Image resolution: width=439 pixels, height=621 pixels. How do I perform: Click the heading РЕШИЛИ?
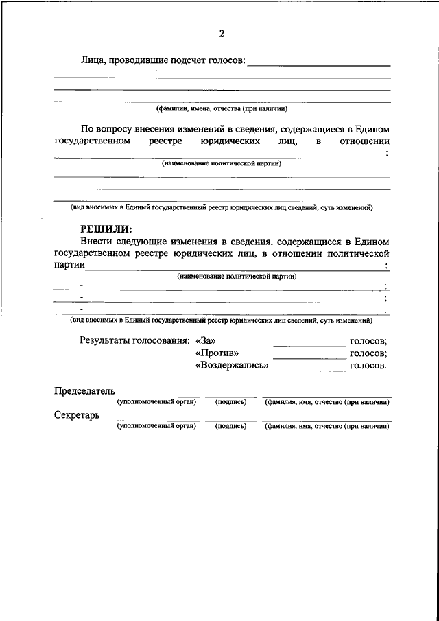106,229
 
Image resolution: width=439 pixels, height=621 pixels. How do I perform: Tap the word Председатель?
85,391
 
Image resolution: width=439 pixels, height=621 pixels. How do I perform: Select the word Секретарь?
78,416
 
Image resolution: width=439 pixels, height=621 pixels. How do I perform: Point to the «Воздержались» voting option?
232,366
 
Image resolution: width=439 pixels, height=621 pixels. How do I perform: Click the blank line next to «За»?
310,344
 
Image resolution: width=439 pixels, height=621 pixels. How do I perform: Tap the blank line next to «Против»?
310,357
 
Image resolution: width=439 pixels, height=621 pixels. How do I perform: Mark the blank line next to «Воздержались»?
310,370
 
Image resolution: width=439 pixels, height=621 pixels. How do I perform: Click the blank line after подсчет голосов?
318,65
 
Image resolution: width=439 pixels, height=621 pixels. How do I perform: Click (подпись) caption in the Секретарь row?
230,426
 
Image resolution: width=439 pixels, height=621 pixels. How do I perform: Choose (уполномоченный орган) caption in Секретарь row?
157,426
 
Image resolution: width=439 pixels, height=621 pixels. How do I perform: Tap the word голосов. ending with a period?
368,366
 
